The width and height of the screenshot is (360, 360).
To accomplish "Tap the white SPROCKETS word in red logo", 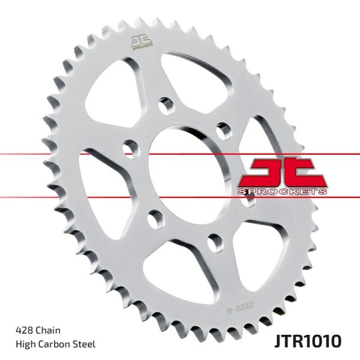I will pyautogui.click(x=282, y=190).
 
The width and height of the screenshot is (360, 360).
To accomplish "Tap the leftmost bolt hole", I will pyautogui.click(x=127, y=148).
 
